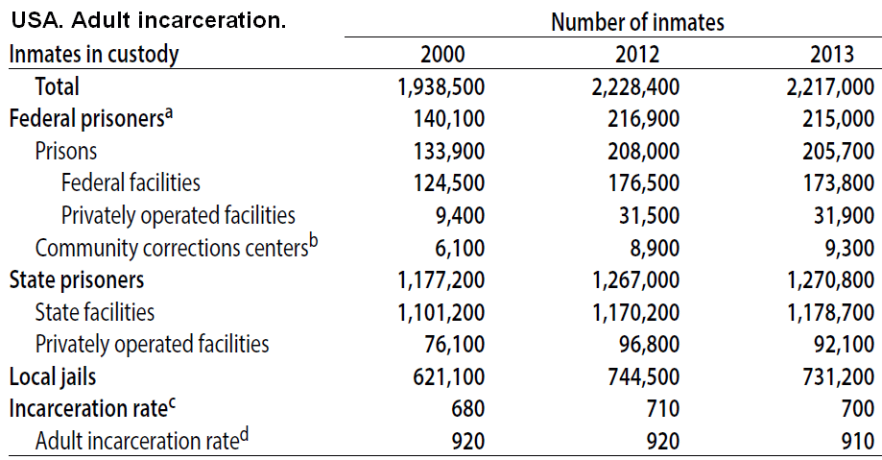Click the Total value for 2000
tap(441, 86)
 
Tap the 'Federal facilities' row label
tap(131, 182)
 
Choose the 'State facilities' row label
tap(94, 312)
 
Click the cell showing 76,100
tap(449, 344)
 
